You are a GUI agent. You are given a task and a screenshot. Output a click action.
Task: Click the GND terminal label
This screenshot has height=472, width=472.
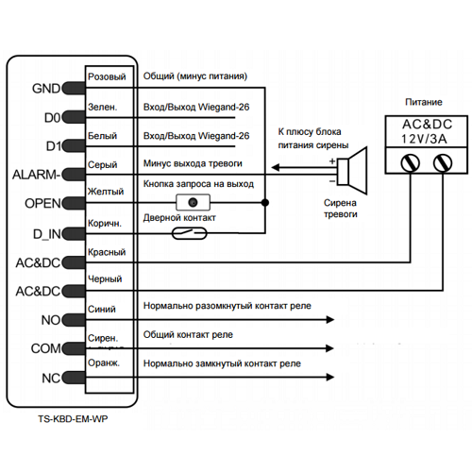tap(46, 89)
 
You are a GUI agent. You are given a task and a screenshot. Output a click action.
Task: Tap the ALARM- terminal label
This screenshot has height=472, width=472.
tap(37, 175)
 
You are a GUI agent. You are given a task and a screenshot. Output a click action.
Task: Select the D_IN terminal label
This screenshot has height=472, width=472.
tap(47, 234)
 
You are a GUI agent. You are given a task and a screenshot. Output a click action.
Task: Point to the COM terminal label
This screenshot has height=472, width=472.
tap(45, 348)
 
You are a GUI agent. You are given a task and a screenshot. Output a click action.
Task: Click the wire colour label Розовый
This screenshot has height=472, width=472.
tap(107, 76)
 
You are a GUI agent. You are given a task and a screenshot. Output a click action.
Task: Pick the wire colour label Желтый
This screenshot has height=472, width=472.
tap(106, 192)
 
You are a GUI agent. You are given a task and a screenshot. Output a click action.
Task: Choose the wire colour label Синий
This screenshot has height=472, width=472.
tap(102, 309)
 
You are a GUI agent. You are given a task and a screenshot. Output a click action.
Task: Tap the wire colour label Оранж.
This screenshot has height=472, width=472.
tap(104, 362)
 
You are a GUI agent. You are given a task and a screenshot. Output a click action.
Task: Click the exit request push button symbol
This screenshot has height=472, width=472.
tap(193, 202)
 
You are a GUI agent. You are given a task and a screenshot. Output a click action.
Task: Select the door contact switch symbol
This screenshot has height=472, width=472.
tap(190, 233)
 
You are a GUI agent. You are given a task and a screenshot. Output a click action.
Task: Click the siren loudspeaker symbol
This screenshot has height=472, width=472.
tap(352, 171)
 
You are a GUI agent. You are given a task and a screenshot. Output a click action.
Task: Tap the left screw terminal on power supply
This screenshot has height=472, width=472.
tap(411, 163)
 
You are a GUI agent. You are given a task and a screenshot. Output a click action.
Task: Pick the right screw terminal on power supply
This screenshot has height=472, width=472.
tap(443, 163)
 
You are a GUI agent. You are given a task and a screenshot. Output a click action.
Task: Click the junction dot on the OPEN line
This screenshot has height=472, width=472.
tap(265, 202)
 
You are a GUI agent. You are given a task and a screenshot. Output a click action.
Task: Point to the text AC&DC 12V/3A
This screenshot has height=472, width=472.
tap(427, 131)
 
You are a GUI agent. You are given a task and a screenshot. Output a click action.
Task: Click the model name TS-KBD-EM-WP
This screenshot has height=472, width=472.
tap(73, 419)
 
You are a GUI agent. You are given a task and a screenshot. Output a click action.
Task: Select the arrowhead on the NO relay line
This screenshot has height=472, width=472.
tap(330, 320)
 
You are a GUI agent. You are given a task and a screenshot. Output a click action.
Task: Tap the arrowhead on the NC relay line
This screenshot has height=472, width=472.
tap(330, 377)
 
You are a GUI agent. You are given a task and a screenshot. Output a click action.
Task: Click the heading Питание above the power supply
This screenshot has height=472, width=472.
tap(424, 102)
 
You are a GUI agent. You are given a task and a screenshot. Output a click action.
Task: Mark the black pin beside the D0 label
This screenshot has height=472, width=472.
tap(74, 117)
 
